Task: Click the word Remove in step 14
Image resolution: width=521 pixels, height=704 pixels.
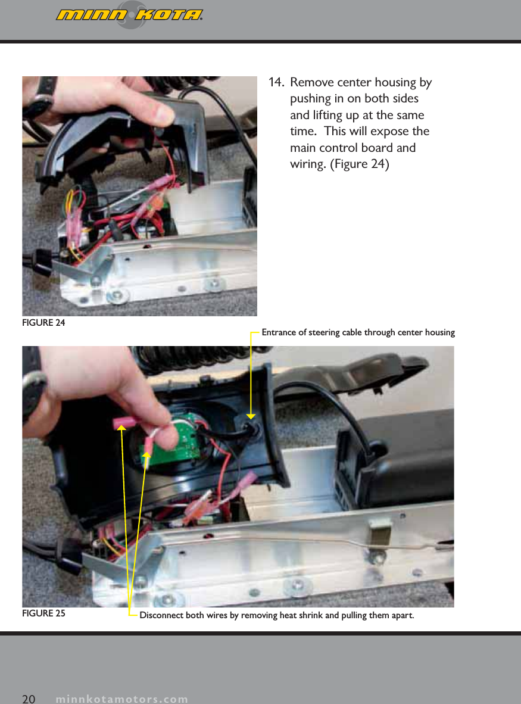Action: pyautogui.click(x=311, y=82)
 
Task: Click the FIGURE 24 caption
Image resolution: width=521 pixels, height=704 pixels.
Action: pyautogui.click(x=43, y=323)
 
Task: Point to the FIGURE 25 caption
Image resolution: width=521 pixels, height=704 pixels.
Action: pyautogui.click(x=43, y=613)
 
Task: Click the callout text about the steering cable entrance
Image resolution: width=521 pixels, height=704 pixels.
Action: pyautogui.click(x=358, y=332)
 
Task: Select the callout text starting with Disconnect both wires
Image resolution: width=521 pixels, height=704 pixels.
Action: pyautogui.click(x=276, y=615)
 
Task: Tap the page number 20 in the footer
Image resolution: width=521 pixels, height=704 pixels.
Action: pyautogui.click(x=29, y=699)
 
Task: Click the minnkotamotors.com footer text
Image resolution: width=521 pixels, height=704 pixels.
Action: pyautogui.click(x=121, y=699)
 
